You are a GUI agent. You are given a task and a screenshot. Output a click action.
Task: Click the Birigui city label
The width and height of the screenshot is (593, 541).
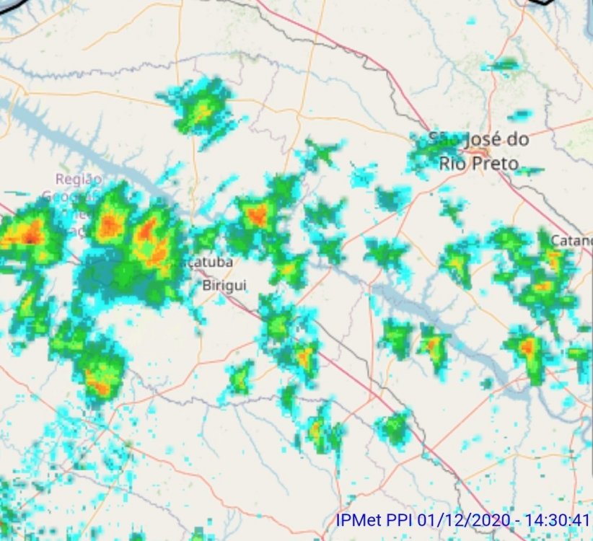coord(224,285)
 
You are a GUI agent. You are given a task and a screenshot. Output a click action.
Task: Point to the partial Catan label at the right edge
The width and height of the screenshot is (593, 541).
coord(571,239)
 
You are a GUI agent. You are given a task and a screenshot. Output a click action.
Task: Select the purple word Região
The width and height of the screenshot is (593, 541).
coord(79,179)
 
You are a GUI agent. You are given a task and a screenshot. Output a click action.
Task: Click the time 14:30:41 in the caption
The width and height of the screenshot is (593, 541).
coord(563,520)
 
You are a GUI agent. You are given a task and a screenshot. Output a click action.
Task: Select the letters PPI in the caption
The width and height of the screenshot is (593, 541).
coord(400,520)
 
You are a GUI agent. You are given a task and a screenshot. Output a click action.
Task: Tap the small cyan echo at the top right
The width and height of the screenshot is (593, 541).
coord(503,66)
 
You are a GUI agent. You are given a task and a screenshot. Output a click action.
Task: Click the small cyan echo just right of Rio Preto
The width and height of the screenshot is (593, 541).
coord(531,171)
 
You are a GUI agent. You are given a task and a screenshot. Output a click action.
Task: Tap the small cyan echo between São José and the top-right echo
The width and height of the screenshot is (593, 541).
coord(519,115)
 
